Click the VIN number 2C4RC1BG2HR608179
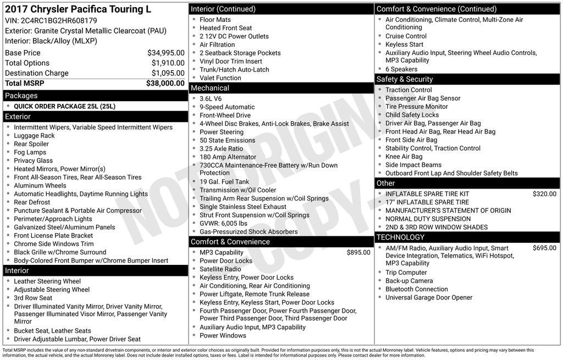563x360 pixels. point(59,21)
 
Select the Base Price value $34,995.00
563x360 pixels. point(165,53)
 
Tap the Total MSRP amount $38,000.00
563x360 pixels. point(165,84)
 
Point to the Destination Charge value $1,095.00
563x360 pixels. point(168,73)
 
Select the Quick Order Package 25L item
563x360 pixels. point(64,107)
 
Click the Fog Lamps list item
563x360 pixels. point(30,152)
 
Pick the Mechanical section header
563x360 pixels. point(209,88)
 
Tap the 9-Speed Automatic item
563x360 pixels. point(227,107)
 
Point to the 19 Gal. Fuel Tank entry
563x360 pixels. point(224,182)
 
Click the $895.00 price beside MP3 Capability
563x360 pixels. point(358,253)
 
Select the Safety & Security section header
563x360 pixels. point(405,79)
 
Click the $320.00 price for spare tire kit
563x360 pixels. point(544,194)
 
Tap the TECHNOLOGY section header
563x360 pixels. point(400,237)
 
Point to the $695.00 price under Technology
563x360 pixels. point(544,248)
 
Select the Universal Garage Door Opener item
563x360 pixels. point(429,298)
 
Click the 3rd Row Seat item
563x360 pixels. point(33,298)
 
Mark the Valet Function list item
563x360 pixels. point(220,78)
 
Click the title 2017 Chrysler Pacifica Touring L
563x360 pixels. point(78,9)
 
